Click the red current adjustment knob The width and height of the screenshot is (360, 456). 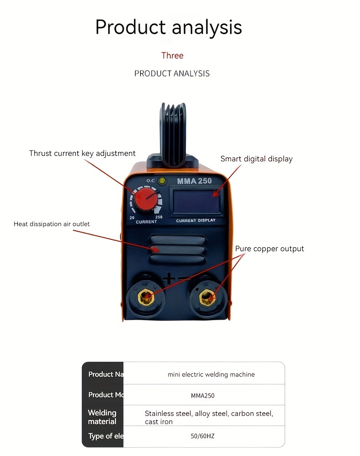pyautogui.click(x=145, y=201)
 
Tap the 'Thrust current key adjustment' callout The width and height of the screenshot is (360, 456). pyautogui.click(x=82, y=153)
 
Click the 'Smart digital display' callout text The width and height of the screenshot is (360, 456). pyautogui.click(x=256, y=159)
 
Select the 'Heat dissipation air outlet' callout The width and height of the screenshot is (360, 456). pyautogui.click(x=51, y=224)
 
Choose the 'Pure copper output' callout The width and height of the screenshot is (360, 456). pyautogui.click(x=269, y=249)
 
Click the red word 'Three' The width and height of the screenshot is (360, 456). pyautogui.click(x=172, y=56)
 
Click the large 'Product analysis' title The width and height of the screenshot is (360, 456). pyautogui.click(x=169, y=27)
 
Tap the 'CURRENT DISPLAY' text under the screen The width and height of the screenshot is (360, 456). pyautogui.click(x=195, y=220)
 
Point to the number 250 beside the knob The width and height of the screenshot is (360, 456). pyautogui.click(x=159, y=217)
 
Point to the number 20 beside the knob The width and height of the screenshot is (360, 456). pyautogui.click(x=132, y=218)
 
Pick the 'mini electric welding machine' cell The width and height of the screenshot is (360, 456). pyautogui.click(x=211, y=374)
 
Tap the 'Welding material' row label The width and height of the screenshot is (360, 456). pyautogui.click(x=102, y=417)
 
